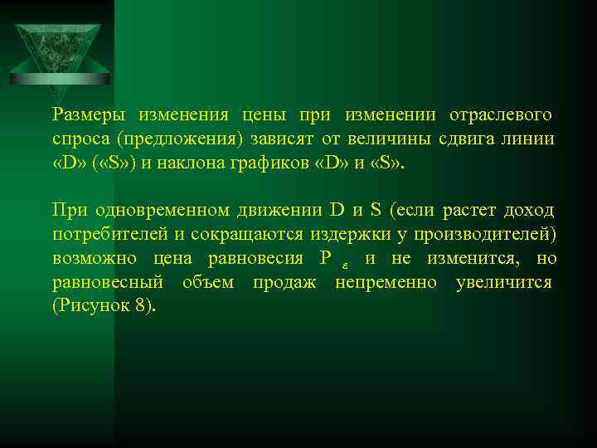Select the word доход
[529, 210]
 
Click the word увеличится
[505, 283]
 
